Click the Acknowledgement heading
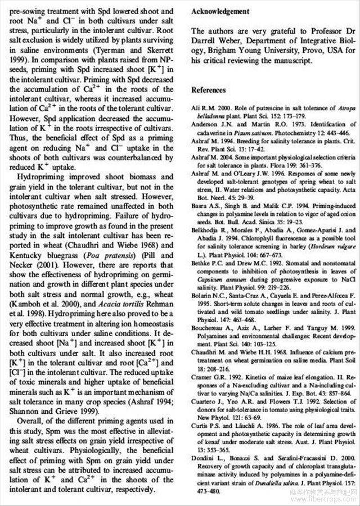pyautogui.click(x=220, y=11)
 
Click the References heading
pyautogui.click(x=208, y=89)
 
